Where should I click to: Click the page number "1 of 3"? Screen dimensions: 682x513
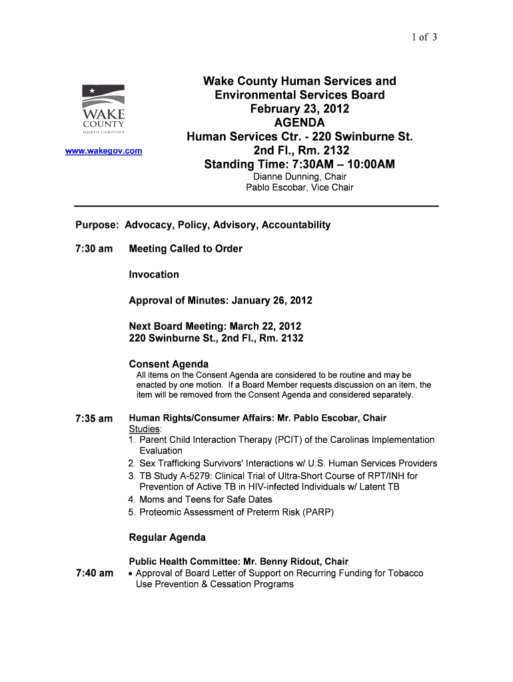(424, 37)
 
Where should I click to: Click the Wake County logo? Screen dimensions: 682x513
(103, 110)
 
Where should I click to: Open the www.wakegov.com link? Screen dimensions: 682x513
(103, 151)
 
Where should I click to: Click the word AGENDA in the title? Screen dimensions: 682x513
(299, 123)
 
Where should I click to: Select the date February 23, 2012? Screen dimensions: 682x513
(299, 109)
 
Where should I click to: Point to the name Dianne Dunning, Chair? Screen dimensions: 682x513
(300, 176)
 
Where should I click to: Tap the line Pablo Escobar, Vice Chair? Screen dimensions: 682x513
(300, 188)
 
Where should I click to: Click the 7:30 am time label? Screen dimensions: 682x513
(93, 249)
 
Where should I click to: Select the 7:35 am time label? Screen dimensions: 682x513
(93, 419)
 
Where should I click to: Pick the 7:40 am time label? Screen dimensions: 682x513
(93, 573)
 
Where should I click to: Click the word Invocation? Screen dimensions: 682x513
(154, 274)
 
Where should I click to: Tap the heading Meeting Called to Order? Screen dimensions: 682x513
(185, 249)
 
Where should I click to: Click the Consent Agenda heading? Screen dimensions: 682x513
(169, 364)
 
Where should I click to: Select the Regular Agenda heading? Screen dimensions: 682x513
(167, 537)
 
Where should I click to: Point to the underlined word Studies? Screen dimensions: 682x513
(145, 429)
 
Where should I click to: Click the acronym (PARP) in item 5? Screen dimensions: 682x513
(318, 512)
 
